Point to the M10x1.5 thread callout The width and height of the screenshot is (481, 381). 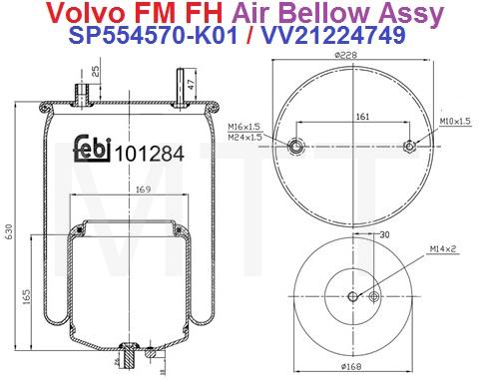454,122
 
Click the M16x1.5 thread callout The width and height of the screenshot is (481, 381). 243,128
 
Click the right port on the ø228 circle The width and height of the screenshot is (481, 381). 409,147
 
